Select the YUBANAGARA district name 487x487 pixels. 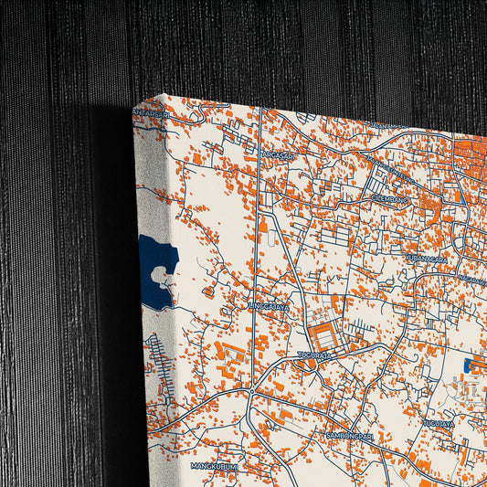(x=428, y=259)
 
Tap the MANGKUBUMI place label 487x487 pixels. (x=214, y=466)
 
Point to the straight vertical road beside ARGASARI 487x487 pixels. (x=259, y=183)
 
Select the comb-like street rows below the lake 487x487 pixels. (x=161, y=356)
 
